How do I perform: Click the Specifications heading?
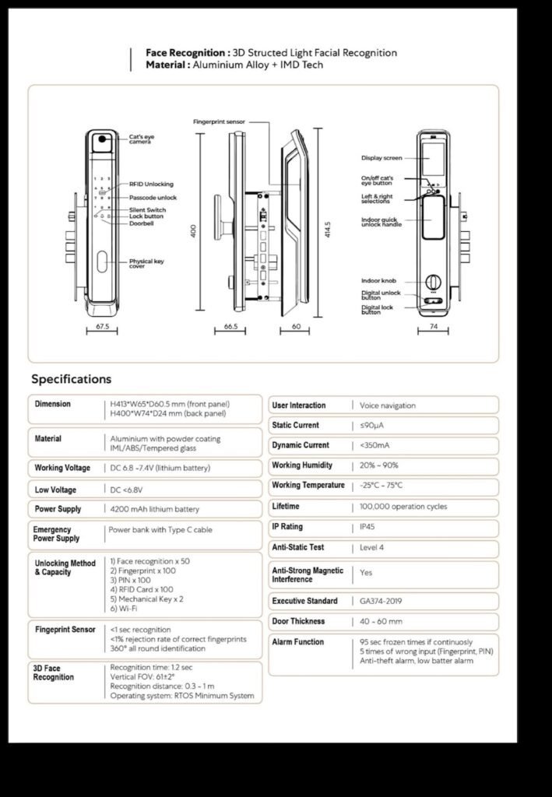pos(71,379)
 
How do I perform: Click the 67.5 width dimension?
pos(102,328)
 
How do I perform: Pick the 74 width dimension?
pos(434,328)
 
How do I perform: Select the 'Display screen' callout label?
pos(381,158)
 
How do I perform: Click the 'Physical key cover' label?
pos(146,264)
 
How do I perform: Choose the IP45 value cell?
pos(367,528)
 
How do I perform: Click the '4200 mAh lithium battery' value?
pos(154,510)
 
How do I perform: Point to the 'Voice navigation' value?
pos(388,406)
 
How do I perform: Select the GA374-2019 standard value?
pos(381,602)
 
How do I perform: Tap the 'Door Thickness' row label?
pos(298,622)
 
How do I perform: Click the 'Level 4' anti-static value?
pos(372,548)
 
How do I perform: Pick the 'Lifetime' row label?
pos(286,507)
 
